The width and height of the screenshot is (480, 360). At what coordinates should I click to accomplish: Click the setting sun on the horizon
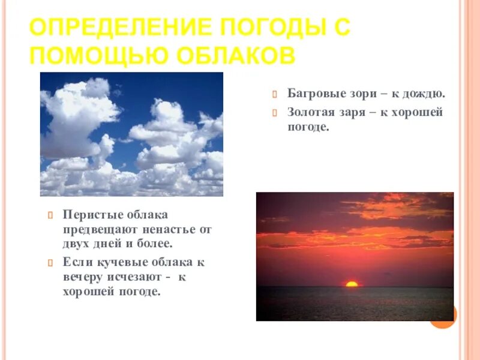click(x=352, y=283)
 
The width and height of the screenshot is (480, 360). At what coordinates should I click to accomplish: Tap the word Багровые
click(x=311, y=94)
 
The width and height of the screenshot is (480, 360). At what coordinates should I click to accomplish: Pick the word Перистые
click(x=86, y=215)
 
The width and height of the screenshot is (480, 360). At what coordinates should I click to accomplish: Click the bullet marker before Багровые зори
click(x=275, y=95)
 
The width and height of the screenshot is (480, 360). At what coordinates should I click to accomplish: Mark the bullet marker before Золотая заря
click(x=275, y=113)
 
